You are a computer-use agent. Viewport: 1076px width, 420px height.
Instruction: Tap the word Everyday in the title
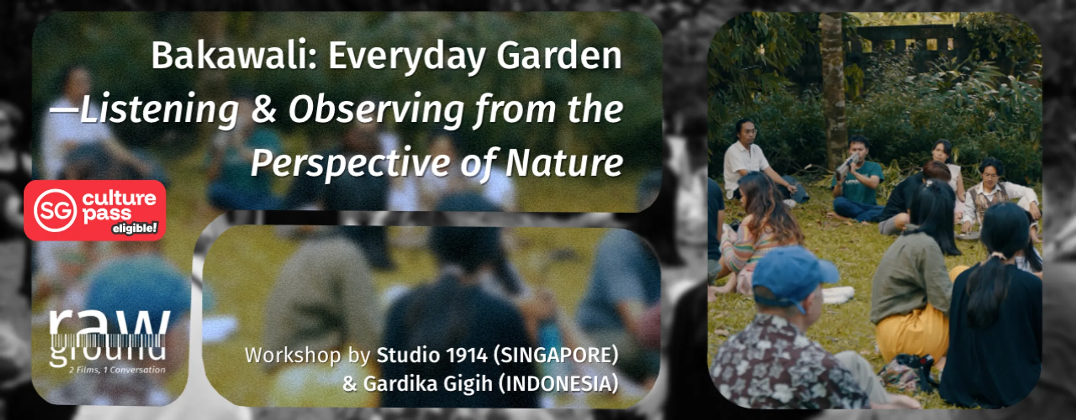click(x=407, y=57)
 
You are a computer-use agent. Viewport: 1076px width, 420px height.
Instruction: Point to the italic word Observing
click(x=377, y=109)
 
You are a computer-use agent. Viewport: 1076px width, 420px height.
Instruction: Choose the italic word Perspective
click(x=351, y=163)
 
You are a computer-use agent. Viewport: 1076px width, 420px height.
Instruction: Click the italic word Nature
click(x=564, y=163)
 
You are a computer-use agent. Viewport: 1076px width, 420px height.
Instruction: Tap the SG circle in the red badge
click(x=55, y=210)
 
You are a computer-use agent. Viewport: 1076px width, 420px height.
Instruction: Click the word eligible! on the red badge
click(x=134, y=228)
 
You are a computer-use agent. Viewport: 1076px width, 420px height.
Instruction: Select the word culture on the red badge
click(x=119, y=198)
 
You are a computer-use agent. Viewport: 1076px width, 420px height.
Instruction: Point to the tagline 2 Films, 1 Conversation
click(x=117, y=370)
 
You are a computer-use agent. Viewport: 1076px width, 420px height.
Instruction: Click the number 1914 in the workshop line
click(x=466, y=355)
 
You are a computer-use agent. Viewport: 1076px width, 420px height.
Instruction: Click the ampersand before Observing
click(x=264, y=109)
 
